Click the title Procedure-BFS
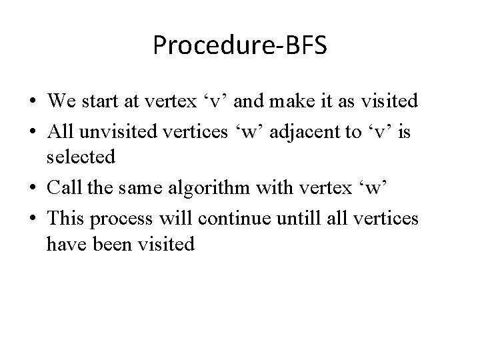pos(239,45)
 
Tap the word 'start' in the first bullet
pos(97,101)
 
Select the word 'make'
pos(289,101)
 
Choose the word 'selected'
pos(81,157)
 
